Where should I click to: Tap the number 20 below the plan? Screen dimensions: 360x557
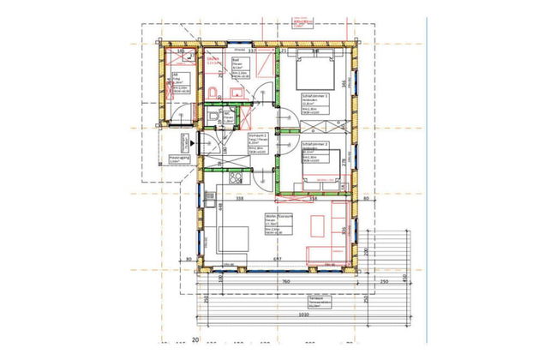tap(195, 340)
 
